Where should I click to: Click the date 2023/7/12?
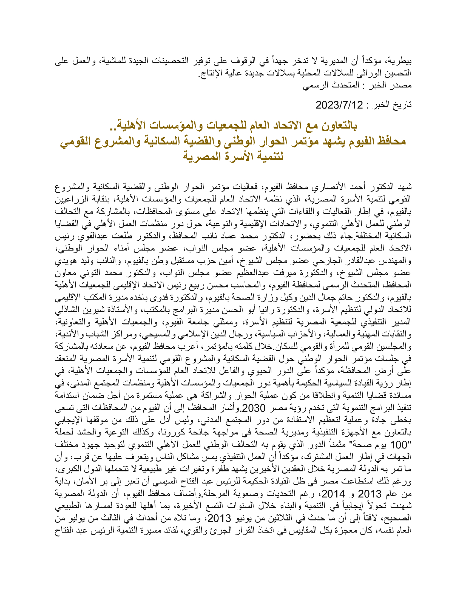click(x=339, y=105)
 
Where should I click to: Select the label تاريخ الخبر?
click(x=393, y=105)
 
